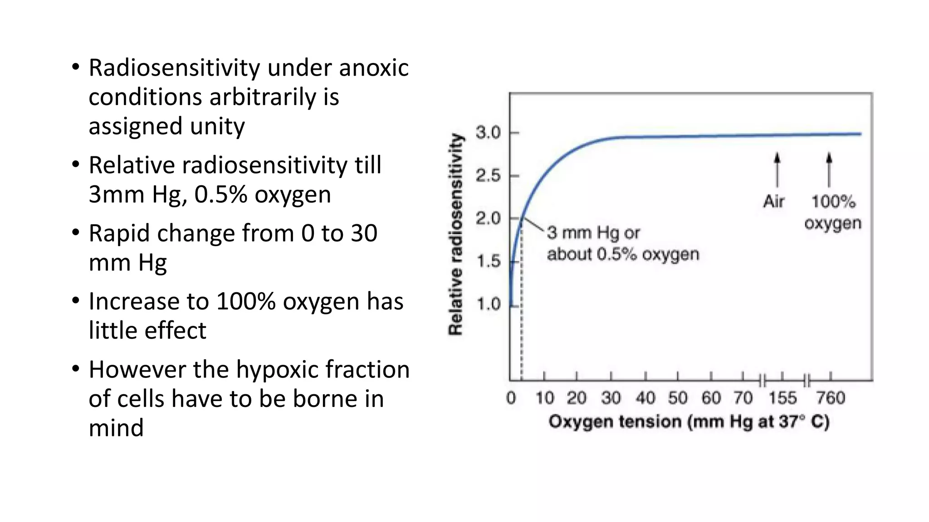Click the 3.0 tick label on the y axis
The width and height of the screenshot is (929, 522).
click(488, 133)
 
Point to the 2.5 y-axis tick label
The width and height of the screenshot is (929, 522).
click(488, 175)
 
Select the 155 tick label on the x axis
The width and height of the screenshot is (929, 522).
click(782, 398)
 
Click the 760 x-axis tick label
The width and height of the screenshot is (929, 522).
click(831, 398)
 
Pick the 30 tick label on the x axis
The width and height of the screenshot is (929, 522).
click(611, 398)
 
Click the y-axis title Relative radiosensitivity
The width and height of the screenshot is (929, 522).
click(456, 234)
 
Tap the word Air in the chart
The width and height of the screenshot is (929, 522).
click(774, 201)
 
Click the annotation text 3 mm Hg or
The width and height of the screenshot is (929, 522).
click(593, 233)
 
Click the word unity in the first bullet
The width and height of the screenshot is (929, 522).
click(217, 126)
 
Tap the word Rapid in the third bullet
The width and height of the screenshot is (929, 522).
click(119, 234)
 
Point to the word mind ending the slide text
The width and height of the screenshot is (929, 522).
click(116, 428)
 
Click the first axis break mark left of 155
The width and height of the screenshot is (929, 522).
click(762, 381)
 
